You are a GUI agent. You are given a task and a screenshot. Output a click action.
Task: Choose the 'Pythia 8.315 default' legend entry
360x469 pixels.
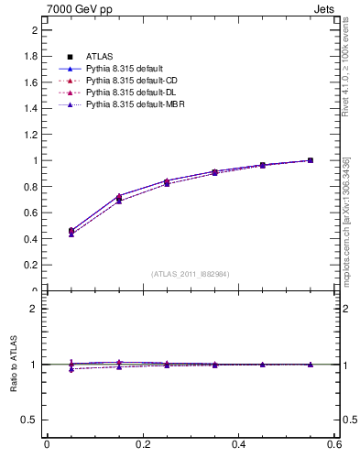coord(123,70)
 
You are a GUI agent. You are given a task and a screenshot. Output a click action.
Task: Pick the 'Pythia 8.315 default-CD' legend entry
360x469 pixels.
coord(128,82)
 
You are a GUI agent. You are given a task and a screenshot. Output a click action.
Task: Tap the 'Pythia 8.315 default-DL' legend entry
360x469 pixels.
coord(128,93)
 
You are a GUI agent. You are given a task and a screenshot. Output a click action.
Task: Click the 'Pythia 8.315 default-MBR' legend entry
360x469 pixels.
coord(131,105)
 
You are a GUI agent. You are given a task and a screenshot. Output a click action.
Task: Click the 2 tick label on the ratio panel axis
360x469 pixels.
coord(34,309)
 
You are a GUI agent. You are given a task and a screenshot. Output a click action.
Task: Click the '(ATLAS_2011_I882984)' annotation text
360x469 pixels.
coord(191,274)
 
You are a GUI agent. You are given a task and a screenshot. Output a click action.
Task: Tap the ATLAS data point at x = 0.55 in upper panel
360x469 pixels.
coord(311,160)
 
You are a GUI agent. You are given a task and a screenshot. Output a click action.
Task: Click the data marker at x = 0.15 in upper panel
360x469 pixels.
coord(118,198)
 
